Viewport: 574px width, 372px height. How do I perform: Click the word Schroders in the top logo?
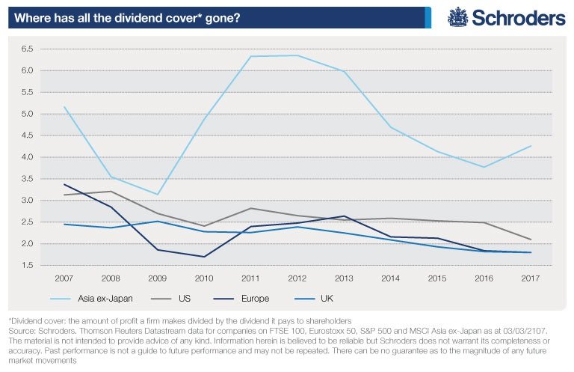point(517,17)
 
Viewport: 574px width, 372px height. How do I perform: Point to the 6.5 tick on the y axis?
point(28,49)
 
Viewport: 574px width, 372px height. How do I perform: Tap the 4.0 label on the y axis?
point(28,157)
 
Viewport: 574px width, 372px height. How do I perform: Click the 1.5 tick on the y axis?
point(28,266)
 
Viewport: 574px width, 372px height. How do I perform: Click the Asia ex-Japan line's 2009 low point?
point(157,195)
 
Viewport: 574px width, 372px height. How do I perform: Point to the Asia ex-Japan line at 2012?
point(297,55)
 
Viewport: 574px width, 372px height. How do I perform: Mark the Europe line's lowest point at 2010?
point(203,257)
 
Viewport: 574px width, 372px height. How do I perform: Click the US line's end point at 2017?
point(530,240)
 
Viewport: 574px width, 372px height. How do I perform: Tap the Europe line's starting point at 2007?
point(64,184)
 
